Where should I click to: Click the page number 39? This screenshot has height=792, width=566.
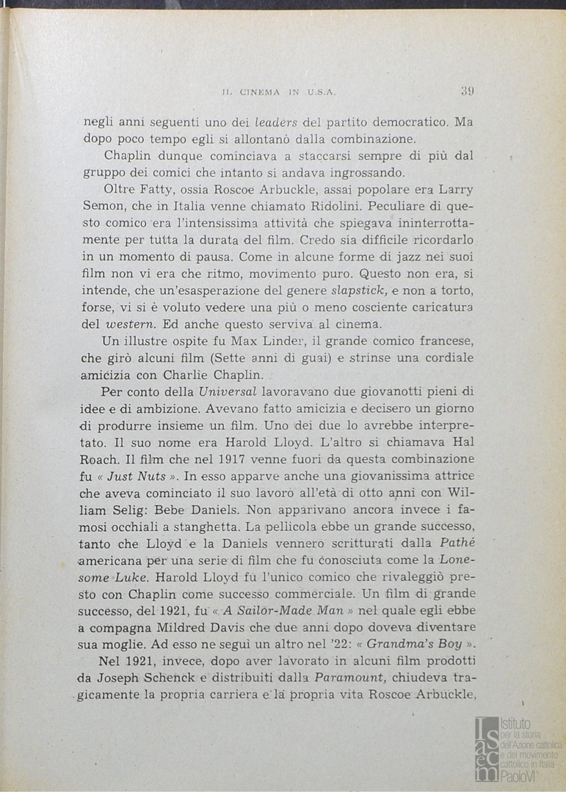pos(467,92)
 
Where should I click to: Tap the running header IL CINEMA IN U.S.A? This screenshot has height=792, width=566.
pos(278,92)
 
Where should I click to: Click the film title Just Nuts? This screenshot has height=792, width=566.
pos(137,476)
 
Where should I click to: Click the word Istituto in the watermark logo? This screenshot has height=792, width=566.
pos(517,724)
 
